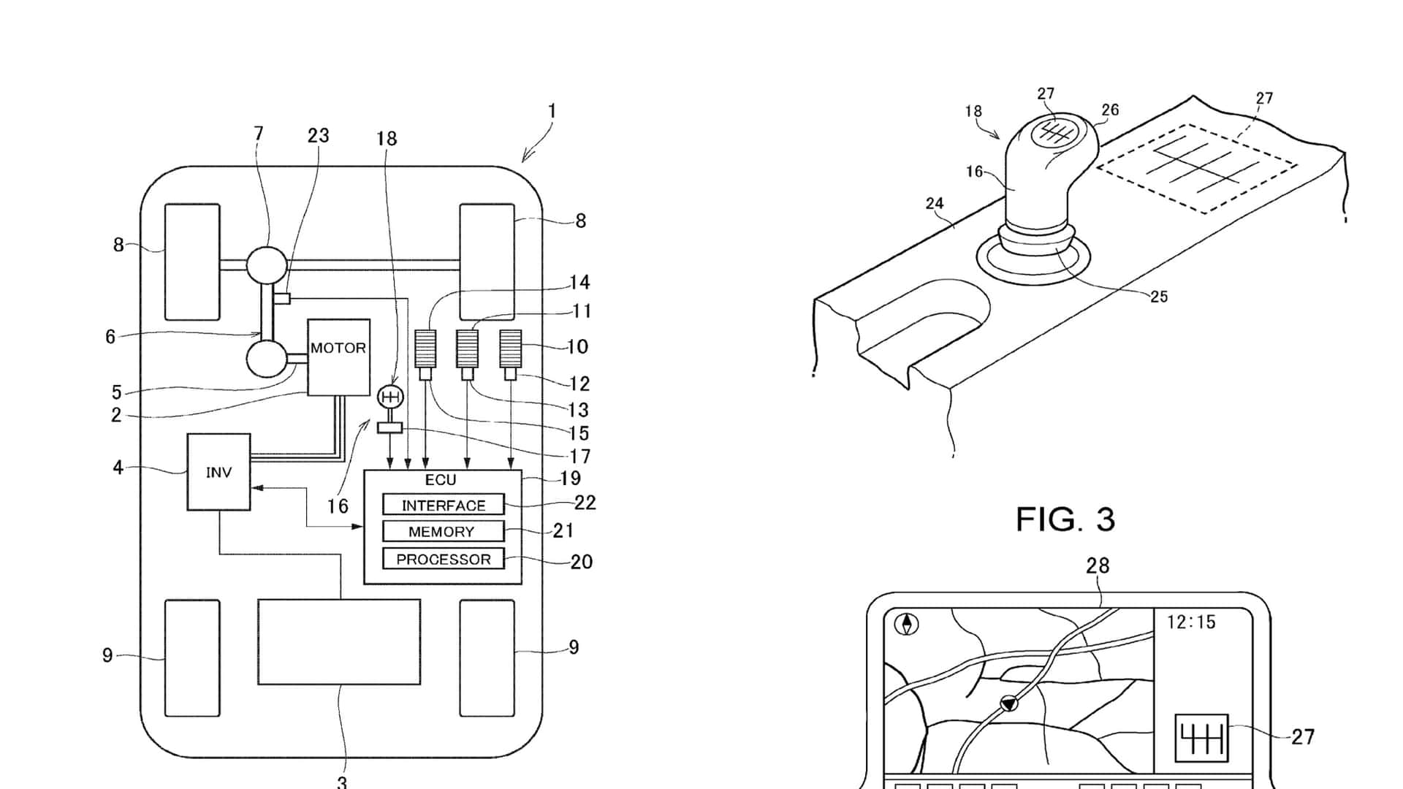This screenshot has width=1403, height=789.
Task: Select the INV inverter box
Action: [218, 472]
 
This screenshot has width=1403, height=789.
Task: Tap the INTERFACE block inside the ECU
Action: [443, 505]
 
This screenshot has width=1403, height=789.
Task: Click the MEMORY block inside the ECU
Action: [443, 531]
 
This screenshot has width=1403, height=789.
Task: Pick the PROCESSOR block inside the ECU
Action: [443, 559]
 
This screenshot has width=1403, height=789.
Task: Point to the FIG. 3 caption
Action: [1065, 519]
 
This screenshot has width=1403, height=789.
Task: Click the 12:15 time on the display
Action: [1191, 622]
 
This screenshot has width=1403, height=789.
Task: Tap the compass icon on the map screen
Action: [907, 625]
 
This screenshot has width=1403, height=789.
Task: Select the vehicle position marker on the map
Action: [1008, 704]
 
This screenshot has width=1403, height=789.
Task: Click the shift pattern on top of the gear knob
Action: [1054, 131]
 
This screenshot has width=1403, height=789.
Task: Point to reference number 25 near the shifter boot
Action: [1159, 297]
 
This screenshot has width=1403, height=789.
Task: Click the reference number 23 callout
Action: [318, 135]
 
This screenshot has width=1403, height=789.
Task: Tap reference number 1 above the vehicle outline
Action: [552, 111]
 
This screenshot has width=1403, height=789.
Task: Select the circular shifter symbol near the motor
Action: [389, 397]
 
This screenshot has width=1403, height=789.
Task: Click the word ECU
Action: [441, 480]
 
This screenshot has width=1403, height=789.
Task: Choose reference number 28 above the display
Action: [1098, 565]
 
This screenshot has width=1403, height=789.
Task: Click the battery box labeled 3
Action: [339, 642]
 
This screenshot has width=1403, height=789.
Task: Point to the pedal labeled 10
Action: [510, 348]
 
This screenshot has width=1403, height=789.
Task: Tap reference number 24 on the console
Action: [935, 204]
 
